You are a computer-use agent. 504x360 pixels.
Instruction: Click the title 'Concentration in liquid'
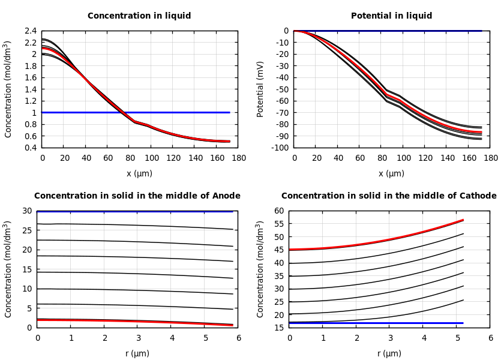(139, 16)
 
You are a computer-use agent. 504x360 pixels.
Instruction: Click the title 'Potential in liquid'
(391, 16)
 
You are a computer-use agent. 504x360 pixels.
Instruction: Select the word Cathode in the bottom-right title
(477, 196)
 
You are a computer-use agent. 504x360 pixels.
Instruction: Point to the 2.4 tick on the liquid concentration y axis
(30, 31)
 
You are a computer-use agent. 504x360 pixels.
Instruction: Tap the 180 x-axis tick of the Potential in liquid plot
(490, 158)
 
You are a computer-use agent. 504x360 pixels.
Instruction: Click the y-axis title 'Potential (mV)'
(260, 89)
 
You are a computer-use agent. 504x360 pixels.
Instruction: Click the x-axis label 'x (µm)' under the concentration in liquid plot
(139, 174)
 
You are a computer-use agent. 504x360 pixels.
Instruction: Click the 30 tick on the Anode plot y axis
(26, 211)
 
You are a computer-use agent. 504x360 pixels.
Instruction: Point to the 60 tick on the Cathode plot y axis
(278, 211)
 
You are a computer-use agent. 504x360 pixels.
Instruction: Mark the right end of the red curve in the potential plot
(481, 133)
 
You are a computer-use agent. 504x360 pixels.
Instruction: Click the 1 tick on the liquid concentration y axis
(34, 113)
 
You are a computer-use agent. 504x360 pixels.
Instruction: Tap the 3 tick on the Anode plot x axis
(138, 338)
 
